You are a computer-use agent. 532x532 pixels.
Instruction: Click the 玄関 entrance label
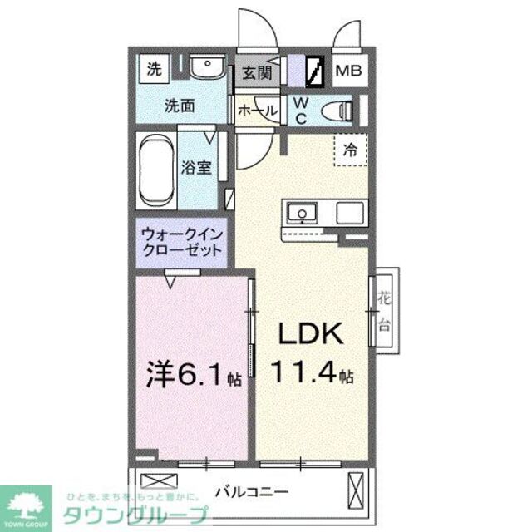257,73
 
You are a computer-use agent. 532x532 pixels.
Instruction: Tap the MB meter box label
347,71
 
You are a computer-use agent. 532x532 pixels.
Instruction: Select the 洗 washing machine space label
154,70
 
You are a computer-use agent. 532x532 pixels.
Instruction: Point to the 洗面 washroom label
179,106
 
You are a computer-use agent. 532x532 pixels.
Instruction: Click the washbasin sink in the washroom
202,67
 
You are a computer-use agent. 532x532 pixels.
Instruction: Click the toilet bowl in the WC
336,110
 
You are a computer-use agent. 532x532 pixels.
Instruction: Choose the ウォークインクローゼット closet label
182,242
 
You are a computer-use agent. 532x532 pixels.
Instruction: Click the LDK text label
310,334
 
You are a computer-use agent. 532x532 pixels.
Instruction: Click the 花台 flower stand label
384,310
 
